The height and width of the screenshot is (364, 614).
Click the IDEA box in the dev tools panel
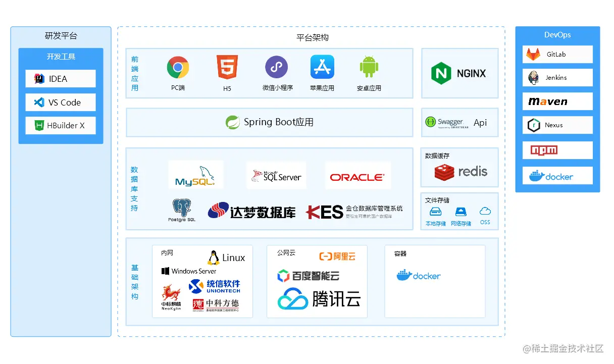(61, 79)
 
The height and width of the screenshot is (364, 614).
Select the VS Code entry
(61, 102)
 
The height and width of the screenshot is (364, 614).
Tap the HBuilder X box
(61, 126)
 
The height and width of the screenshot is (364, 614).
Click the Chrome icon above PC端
(178, 67)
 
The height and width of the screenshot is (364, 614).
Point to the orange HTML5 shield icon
(227, 67)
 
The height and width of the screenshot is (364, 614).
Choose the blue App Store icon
(322, 67)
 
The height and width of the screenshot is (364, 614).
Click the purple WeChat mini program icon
(276, 67)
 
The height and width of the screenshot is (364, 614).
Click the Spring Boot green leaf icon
(233, 122)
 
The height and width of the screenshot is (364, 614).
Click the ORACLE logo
(357, 177)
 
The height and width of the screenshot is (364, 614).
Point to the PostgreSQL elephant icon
(181, 207)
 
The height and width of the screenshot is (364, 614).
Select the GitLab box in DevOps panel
(557, 55)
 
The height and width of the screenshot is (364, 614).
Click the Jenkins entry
(557, 78)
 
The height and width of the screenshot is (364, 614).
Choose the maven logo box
(557, 101)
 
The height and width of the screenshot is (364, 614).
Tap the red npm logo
(544, 150)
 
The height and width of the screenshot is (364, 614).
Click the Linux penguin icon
(213, 257)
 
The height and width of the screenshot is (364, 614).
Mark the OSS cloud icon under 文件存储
(485, 212)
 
